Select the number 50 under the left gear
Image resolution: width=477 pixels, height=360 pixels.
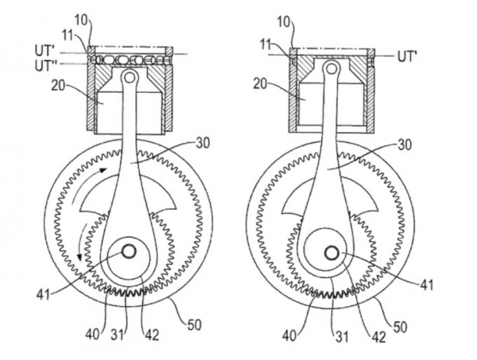point(194,325)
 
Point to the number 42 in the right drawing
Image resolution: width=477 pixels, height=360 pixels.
point(378,337)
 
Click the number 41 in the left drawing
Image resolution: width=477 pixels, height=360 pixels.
point(43,295)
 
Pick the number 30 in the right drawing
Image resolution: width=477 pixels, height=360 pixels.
point(404,144)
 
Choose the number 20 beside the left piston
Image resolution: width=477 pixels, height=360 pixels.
point(58,86)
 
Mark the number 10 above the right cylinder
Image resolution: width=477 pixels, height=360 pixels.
point(284,22)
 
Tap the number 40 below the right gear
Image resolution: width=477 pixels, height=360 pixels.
point(289,336)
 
